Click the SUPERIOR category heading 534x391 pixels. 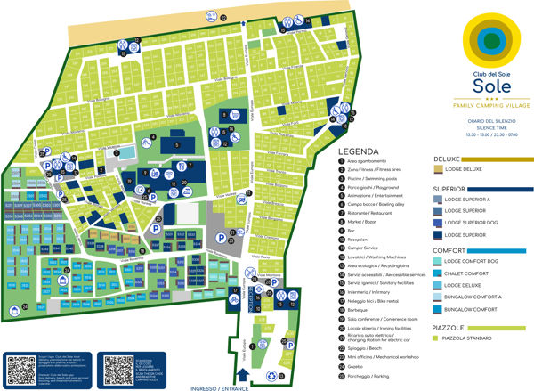450,189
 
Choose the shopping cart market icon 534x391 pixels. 234,115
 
